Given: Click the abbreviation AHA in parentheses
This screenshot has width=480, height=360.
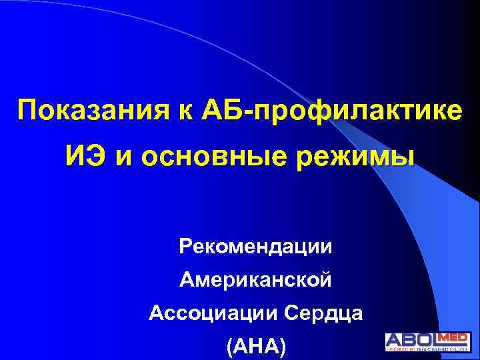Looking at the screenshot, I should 255,345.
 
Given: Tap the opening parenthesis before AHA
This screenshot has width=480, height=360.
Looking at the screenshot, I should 230,346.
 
